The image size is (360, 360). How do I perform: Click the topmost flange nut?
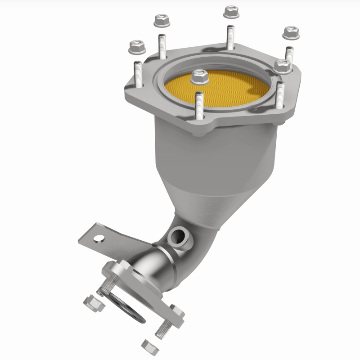[x=231, y=11]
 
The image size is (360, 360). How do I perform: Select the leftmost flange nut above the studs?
[x=136, y=46]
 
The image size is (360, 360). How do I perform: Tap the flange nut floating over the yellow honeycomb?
[x=199, y=77]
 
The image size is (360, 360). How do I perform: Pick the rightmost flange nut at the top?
[x=291, y=32]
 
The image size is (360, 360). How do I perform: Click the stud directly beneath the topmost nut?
[x=230, y=37]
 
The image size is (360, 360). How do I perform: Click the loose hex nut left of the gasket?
[x=93, y=304]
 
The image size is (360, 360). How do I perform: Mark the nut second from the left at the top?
[x=162, y=20]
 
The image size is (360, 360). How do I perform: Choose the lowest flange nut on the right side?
[x=282, y=66]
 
